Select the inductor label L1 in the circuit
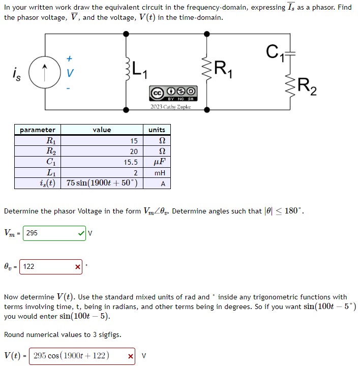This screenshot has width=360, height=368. [x=138, y=69]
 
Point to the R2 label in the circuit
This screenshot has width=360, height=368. [x=307, y=87]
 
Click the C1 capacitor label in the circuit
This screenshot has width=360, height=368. [x=273, y=51]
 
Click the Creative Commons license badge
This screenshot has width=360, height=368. [x=170, y=93]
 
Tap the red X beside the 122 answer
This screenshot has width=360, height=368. [x=77, y=267]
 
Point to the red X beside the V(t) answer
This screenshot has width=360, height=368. [x=131, y=356]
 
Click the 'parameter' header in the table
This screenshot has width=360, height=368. [x=38, y=130]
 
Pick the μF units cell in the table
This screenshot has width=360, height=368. [x=159, y=163]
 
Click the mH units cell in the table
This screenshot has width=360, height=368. [x=159, y=173]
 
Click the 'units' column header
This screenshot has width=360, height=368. [x=157, y=130]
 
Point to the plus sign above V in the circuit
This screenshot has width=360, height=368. [x=70, y=58]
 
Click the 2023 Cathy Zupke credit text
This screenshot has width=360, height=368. [x=170, y=107]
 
